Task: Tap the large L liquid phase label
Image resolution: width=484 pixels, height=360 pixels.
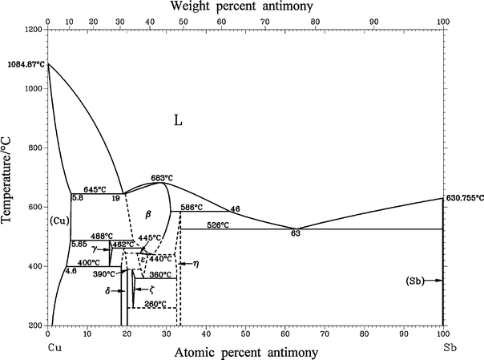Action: click(x=179, y=122)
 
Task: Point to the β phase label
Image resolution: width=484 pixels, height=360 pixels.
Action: click(x=147, y=215)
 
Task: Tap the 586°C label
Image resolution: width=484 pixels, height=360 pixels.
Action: click(x=191, y=207)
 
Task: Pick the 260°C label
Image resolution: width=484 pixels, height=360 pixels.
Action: click(x=154, y=304)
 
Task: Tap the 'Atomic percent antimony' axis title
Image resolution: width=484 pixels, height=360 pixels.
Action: click(x=244, y=351)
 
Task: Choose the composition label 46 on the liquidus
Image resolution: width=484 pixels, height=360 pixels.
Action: click(x=235, y=209)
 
